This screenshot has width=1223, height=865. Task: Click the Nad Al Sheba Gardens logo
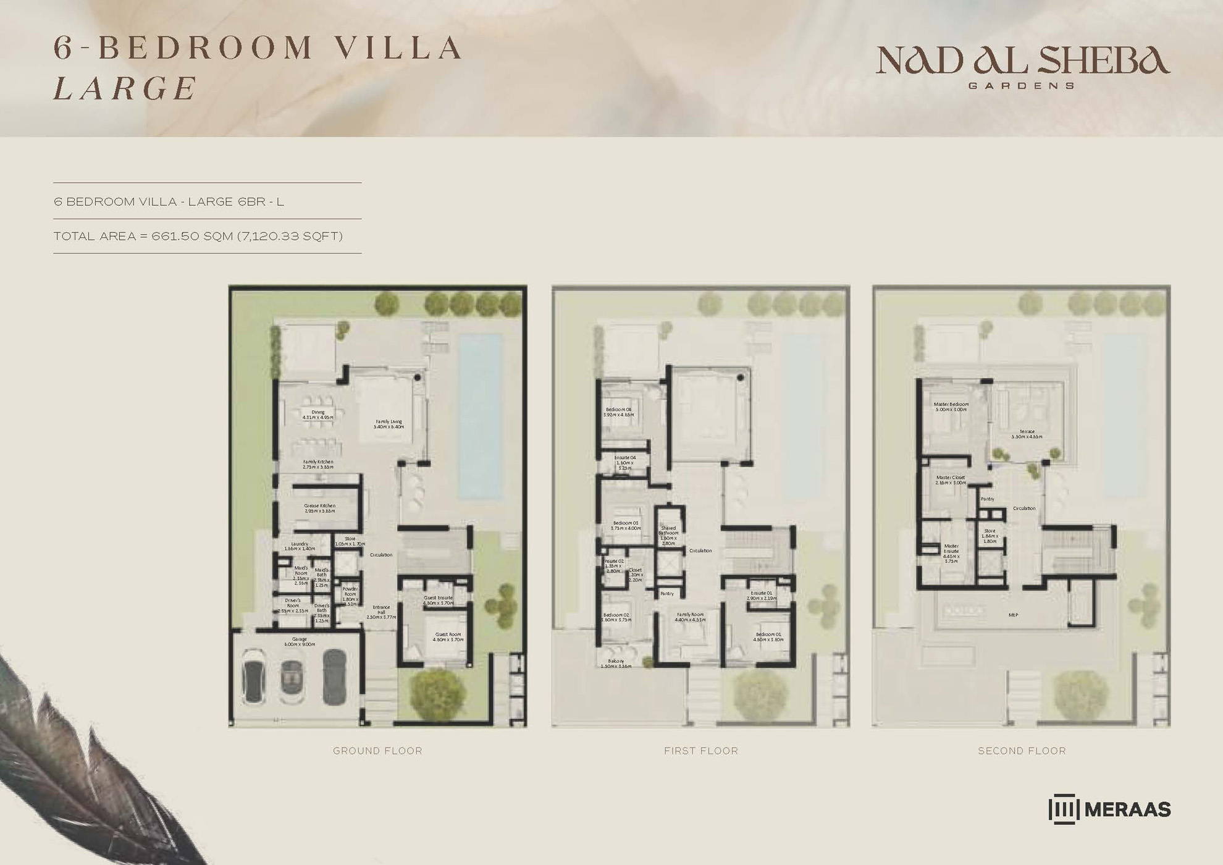pyautogui.click(x=1022, y=65)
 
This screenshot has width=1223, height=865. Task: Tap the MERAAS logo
pyautogui.click(x=1109, y=809)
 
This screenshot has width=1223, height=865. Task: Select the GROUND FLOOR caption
pyautogui.click(x=377, y=751)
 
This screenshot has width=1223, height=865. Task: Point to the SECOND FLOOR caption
pyautogui.click(x=1022, y=751)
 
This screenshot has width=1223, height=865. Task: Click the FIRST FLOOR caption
pyautogui.click(x=700, y=751)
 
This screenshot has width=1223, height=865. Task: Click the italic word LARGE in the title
pyautogui.click(x=125, y=88)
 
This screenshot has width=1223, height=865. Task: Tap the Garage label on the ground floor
pyautogui.click(x=300, y=639)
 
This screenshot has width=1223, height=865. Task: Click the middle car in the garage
pyautogui.click(x=293, y=678)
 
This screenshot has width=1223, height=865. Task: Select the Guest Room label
pyautogui.click(x=448, y=635)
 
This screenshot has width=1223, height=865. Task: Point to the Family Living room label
pyautogui.click(x=389, y=422)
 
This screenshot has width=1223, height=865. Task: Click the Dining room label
pyautogui.click(x=318, y=412)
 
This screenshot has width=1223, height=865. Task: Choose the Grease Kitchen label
pyautogui.click(x=319, y=506)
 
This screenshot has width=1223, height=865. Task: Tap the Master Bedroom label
pyautogui.click(x=951, y=404)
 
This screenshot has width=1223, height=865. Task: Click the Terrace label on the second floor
pyautogui.click(x=1027, y=432)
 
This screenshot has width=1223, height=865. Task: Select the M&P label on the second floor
pyautogui.click(x=1013, y=615)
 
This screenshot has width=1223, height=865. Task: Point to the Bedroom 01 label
pyautogui.click(x=768, y=635)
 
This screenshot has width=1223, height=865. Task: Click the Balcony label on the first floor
pyautogui.click(x=615, y=661)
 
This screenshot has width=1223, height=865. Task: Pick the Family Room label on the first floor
pyautogui.click(x=690, y=615)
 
